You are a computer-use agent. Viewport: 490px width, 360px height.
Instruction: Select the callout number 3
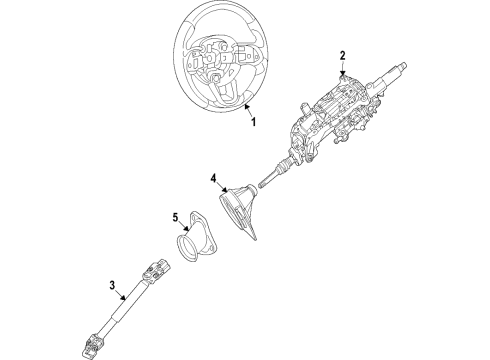(x=113, y=286)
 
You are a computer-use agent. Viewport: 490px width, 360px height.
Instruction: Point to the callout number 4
(x=212, y=180)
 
